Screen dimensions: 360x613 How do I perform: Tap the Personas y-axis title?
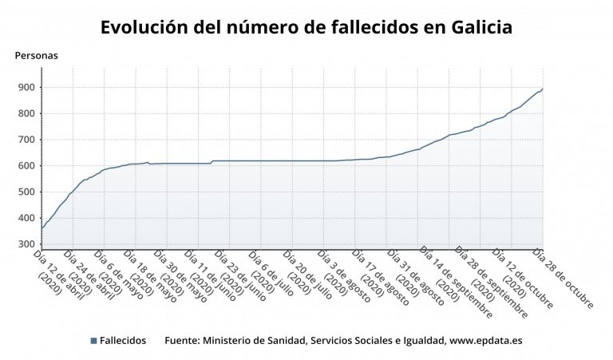click(x=37, y=56)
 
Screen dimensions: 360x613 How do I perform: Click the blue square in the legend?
click(x=93, y=341)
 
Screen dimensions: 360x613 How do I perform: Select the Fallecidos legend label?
click(x=123, y=341)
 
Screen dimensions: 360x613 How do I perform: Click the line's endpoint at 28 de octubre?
click(x=543, y=89)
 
